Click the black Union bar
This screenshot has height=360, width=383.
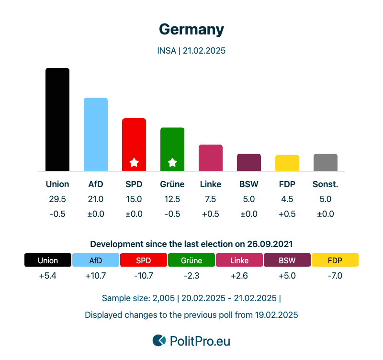tap(57, 120)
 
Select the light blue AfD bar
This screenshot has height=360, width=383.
tap(96, 134)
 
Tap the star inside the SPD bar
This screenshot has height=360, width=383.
tap(134, 163)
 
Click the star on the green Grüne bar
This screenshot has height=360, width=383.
tap(172, 163)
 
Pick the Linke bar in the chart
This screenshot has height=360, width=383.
tap(211, 157)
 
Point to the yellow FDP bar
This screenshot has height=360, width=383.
tap(287, 163)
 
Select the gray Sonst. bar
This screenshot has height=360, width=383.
tap(326, 162)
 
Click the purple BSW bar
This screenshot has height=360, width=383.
tap(249, 162)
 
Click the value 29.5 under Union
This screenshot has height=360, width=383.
tap(57, 199)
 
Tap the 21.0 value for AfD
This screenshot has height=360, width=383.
tap(96, 199)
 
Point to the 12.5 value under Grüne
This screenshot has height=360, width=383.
tap(172, 199)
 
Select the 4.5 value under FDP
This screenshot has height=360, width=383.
tap(287, 199)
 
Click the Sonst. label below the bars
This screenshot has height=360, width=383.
tap(326, 184)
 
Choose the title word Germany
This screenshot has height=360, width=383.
tap(191, 30)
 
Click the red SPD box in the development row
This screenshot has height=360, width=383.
tap(144, 260)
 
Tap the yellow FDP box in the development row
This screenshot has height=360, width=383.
tap(335, 260)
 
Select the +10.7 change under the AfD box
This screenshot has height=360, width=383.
tap(96, 276)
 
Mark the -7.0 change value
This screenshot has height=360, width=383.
tap(335, 276)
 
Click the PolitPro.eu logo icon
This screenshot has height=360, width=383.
tap(159, 340)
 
